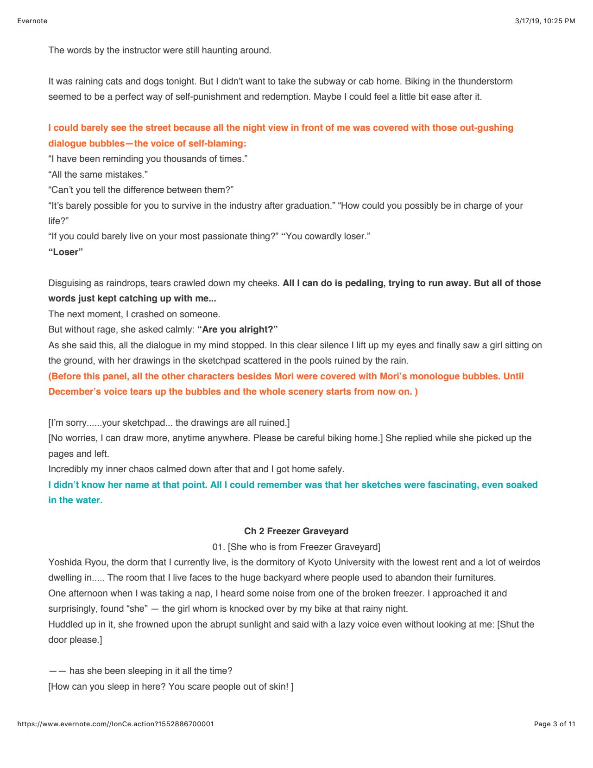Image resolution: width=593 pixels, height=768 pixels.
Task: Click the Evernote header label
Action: [x=32, y=21]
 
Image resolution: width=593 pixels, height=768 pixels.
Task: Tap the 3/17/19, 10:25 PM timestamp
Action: [x=545, y=21]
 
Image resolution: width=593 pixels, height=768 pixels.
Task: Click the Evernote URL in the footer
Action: [x=115, y=724]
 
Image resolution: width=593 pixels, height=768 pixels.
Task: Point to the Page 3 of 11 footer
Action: [x=554, y=724]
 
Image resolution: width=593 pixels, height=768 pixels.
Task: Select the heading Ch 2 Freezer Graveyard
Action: [x=296, y=531]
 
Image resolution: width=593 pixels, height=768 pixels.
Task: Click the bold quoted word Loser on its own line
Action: [x=65, y=252]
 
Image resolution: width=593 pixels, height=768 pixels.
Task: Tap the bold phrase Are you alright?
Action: [x=237, y=329]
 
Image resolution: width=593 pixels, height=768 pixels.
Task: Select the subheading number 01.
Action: [x=218, y=547]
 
